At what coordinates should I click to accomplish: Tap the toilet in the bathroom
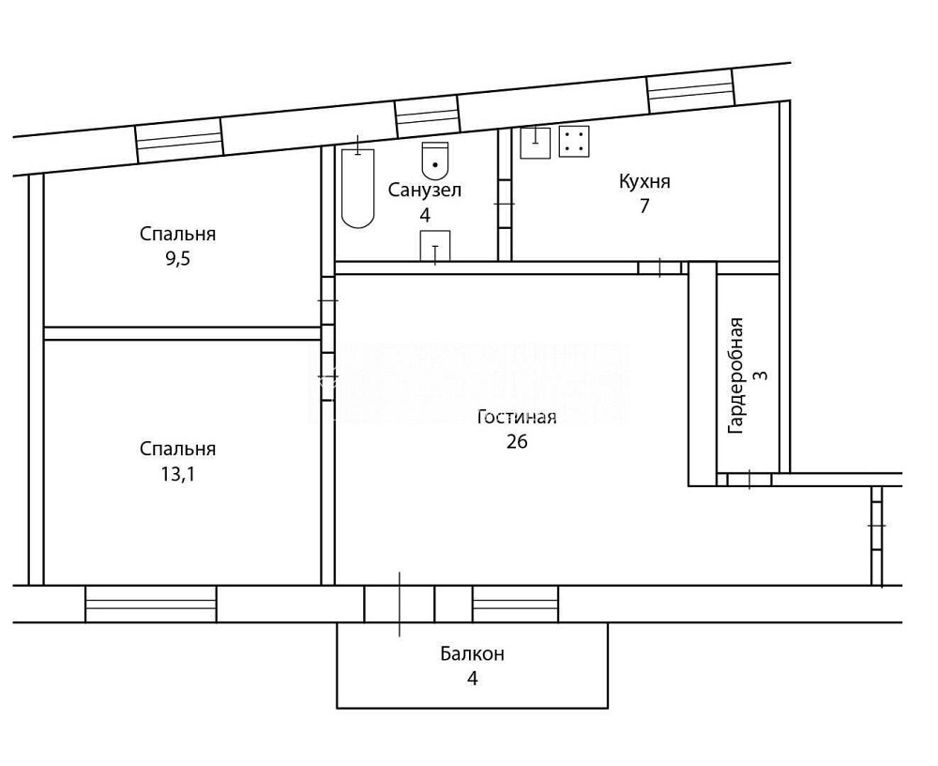click(x=435, y=161)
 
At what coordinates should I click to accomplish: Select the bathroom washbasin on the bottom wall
click(x=435, y=246)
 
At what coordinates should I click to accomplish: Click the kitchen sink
click(x=535, y=143)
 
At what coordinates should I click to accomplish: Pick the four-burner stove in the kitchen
click(x=574, y=141)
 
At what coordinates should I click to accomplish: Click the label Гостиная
click(x=517, y=417)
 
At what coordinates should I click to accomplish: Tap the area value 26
click(x=517, y=441)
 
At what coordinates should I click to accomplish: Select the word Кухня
click(x=644, y=181)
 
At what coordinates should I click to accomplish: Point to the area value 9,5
click(x=177, y=259)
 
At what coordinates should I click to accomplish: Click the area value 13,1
click(x=177, y=474)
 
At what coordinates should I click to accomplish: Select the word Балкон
click(x=473, y=653)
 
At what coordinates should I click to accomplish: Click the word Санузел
click(x=425, y=190)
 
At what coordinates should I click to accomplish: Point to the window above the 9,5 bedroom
click(x=178, y=141)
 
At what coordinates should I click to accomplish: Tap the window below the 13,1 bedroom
click(x=151, y=604)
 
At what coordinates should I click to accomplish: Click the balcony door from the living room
click(x=400, y=604)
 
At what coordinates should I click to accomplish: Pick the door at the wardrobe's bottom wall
click(x=749, y=480)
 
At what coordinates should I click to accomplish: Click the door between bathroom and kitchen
click(x=505, y=203)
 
